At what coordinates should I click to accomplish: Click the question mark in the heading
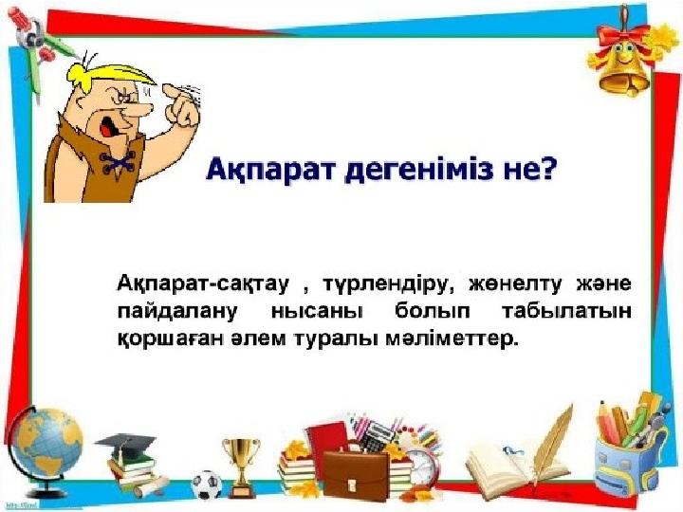click(546, 169)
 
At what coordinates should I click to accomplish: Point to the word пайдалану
click(177, 312)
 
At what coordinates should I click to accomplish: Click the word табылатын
click(566, 312)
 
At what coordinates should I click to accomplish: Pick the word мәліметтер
click(452, 339)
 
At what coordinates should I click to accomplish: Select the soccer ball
click(207, 485)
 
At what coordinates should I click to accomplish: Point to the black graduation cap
click(125, 445)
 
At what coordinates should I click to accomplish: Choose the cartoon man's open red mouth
click(107, 126)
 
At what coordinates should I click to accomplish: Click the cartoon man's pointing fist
click(182, 105)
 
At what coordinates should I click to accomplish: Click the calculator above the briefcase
click(376, 436)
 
